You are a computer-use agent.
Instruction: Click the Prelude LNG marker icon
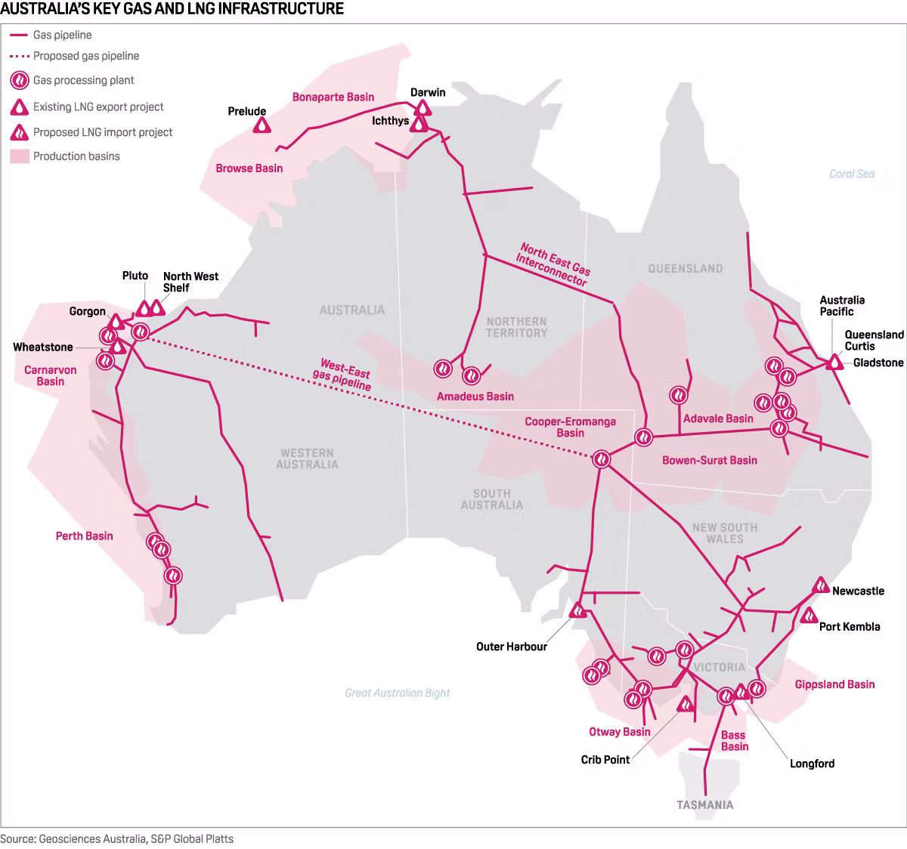click(x=262, y=125)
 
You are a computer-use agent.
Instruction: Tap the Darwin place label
click(x=428, y=92)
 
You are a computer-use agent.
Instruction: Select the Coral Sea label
click(x=851, y=174)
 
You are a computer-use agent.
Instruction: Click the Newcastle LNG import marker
click(x=821, y=585)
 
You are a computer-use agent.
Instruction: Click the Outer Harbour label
click(x=511, y=647)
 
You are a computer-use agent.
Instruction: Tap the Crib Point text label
click(x=605, y=759)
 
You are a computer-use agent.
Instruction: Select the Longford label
click(x=812, y=763)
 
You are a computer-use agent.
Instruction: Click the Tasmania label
click(x=704, y=804)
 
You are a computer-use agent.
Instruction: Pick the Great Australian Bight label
click(x=397, y=693)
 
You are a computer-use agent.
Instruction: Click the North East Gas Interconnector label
click(x=553, y=264)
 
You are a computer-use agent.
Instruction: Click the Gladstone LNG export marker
click(x=834, y=362)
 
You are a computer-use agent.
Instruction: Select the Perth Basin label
click(x=84, y=536)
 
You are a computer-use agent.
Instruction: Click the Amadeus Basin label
click(x=475, y=396)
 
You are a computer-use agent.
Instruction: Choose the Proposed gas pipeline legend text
click(x=85, y=56)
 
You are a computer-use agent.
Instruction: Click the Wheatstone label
click(x=43, y=347)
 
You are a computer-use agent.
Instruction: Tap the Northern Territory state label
click(x=516, y=327)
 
